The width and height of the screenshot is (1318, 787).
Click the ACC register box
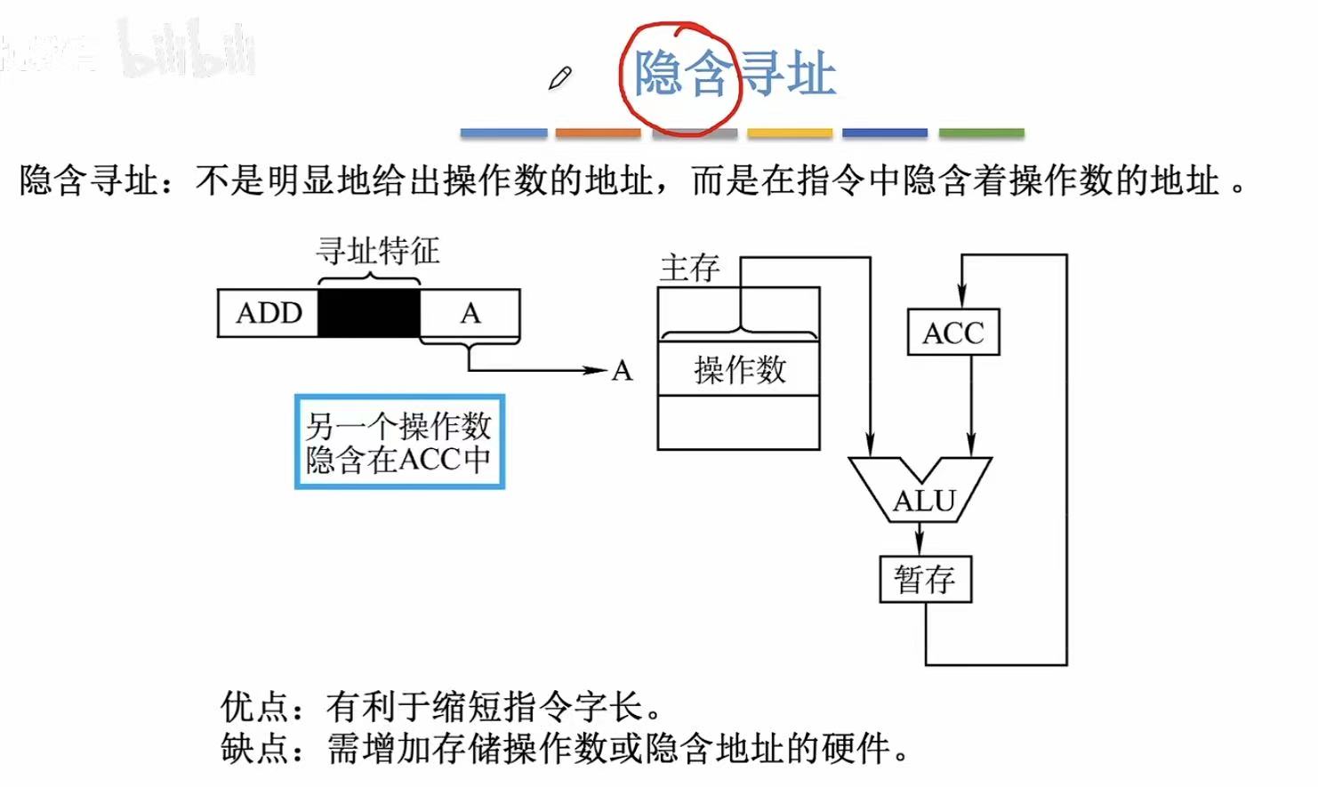point(952,333)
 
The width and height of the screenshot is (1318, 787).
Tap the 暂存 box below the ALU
point(925,580)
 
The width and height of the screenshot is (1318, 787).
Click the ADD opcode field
point(269,313)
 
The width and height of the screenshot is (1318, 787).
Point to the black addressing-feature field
point(368,313)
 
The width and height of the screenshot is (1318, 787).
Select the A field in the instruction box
point(470,313)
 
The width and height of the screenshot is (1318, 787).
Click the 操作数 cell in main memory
point(738,369)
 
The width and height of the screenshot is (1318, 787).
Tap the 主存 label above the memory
point(689,268)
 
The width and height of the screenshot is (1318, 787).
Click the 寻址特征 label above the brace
point(377,251)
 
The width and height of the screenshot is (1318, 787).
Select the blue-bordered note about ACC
point(399,442)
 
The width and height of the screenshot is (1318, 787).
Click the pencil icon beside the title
point(560,78)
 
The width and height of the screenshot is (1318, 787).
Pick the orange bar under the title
point(598,133)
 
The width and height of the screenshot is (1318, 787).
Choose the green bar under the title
point(981,133)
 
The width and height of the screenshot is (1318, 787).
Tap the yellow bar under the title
point(790,133)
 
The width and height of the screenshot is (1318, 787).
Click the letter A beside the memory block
point(622,371)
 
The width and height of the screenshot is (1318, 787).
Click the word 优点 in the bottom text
point(255,707)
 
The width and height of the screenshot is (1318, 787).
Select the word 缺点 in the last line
point(255,749)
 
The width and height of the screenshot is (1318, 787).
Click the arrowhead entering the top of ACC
point(961,297)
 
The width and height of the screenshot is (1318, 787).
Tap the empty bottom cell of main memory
point(738,422)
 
